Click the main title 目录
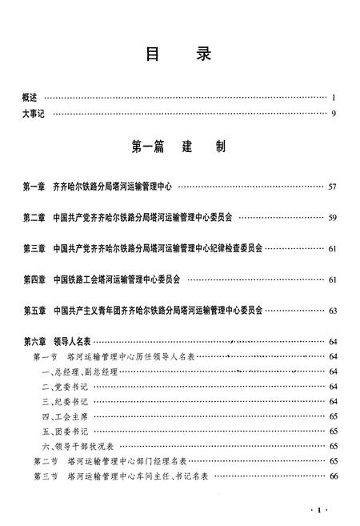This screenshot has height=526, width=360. click(x=179, y=54)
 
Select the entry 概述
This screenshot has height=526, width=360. click(x=30, y=98)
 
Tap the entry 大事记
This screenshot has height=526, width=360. click(x=34, y=114)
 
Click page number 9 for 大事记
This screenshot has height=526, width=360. click(x=333, y=114)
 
